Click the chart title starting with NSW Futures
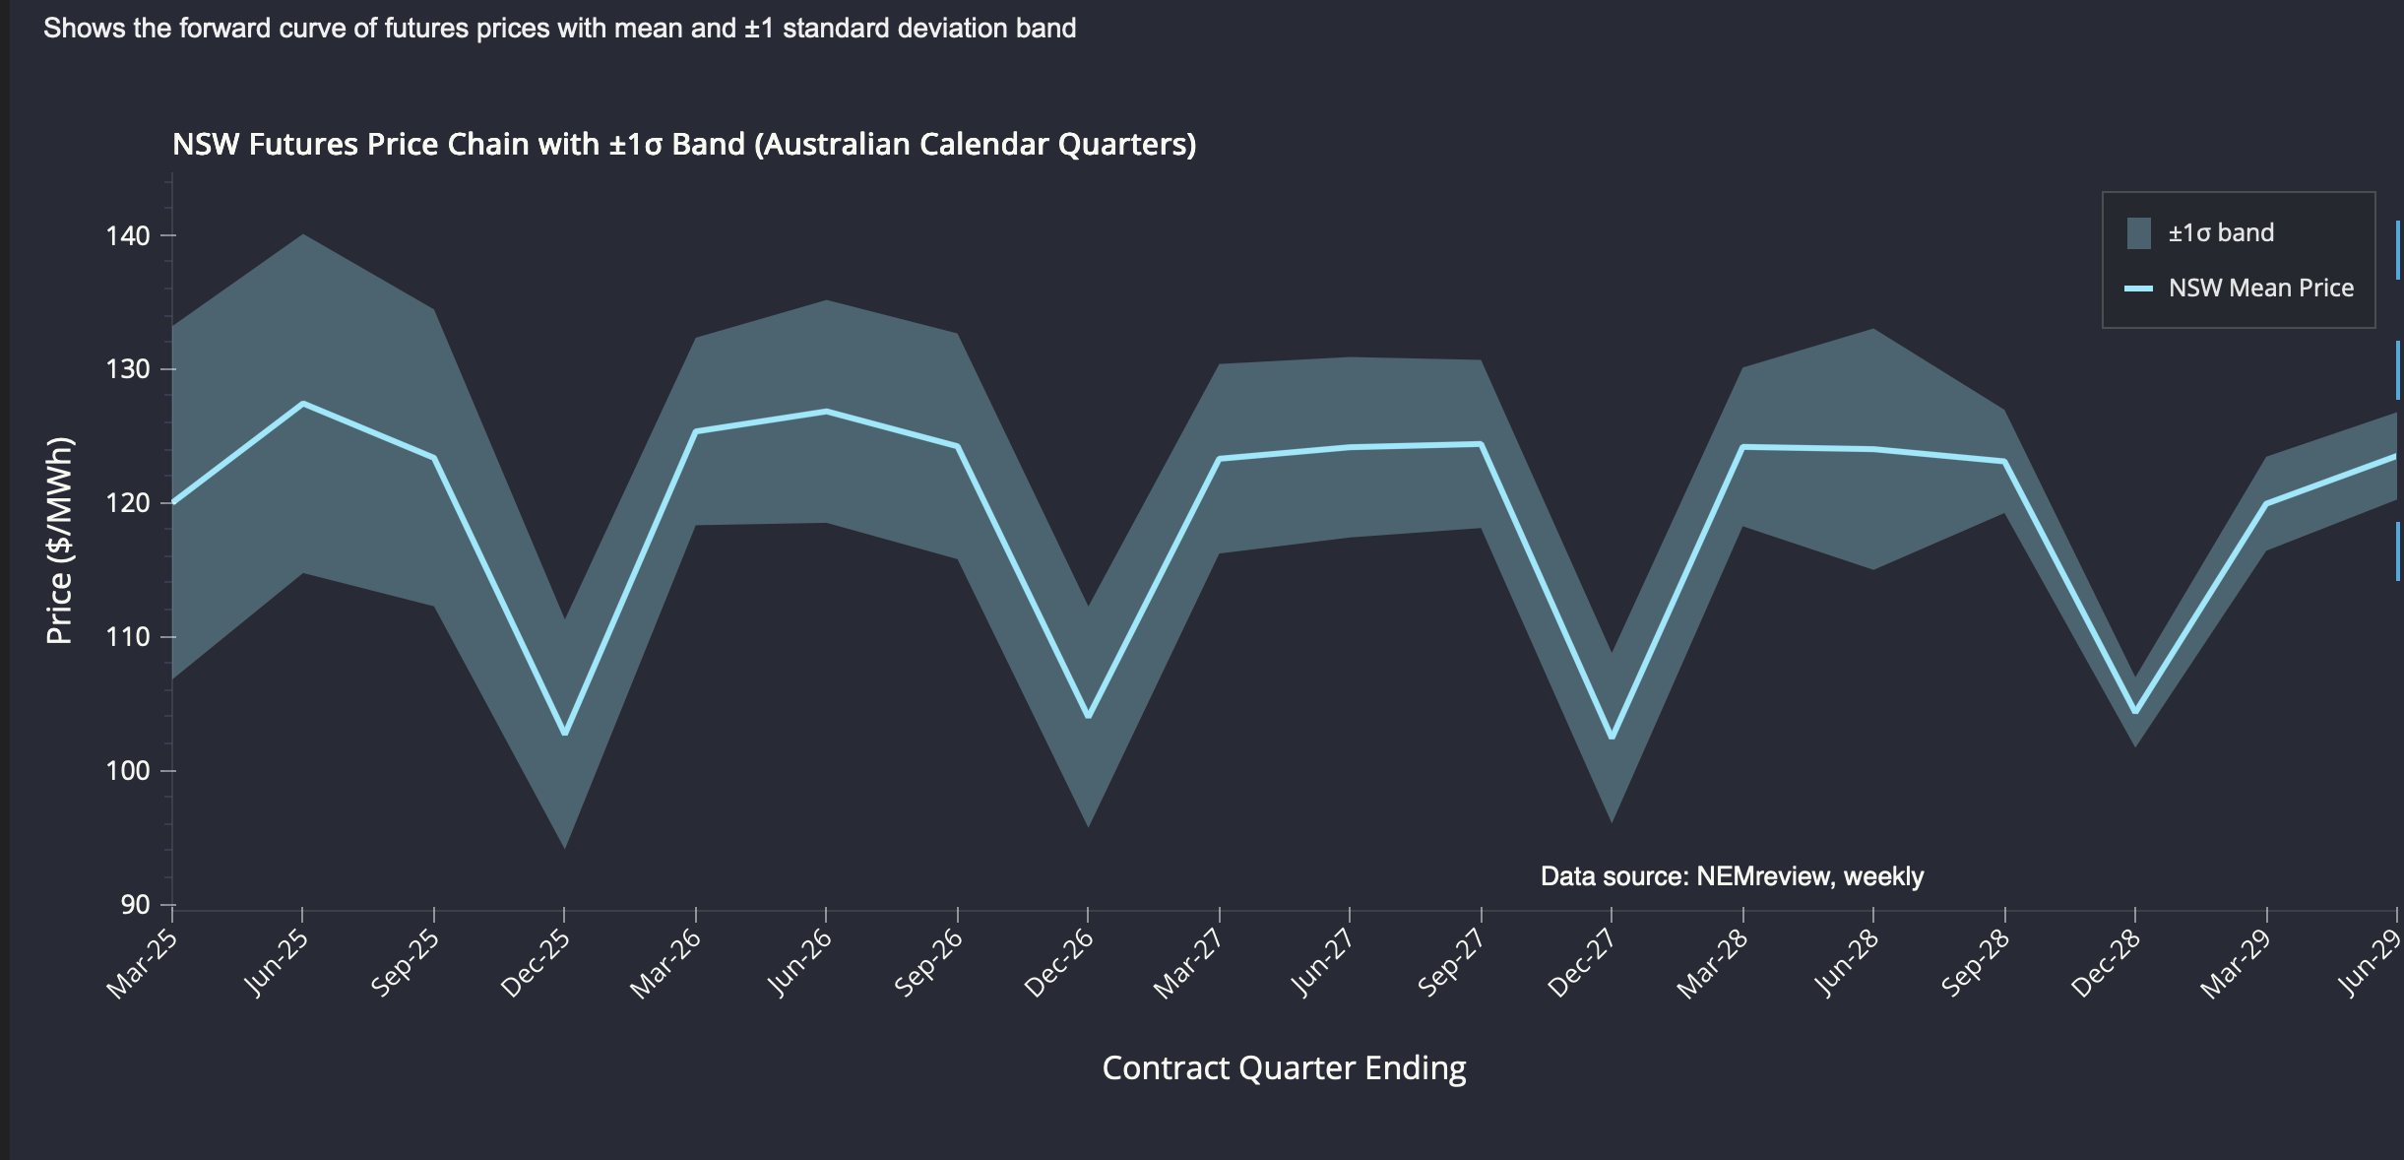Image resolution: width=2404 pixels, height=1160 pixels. click(684, 145)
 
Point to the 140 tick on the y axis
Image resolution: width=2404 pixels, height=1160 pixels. click(128, 236)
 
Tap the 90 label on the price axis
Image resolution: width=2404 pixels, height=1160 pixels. click(136, 905)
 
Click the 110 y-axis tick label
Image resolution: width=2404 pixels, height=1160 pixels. click(128, 637)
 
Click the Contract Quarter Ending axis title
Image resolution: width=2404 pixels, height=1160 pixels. click(1284, 1068)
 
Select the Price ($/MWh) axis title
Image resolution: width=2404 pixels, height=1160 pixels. click(60, 540)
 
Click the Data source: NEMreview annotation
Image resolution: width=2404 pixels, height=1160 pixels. click(1732, 876)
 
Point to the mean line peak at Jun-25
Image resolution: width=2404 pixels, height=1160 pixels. click(303, 404)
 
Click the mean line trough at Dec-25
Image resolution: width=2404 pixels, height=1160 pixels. click(564, 734)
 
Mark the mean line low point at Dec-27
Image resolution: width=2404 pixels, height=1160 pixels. click(1612, 738)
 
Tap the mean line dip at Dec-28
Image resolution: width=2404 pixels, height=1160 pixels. click(2135, 711)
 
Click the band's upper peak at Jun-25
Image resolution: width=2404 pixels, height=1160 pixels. click(303, 235)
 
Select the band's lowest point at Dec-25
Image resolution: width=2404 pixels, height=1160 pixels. click(564, 846)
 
